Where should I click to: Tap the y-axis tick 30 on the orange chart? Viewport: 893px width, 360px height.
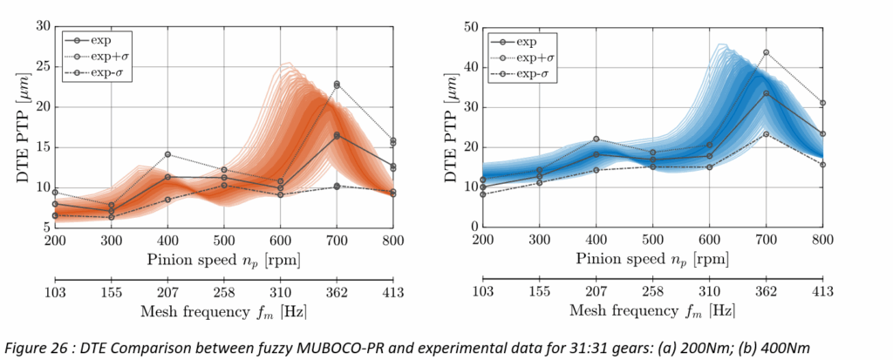[40, 26]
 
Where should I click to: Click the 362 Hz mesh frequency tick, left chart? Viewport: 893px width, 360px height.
[337, 292]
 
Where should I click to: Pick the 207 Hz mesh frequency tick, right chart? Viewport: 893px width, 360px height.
[595, 292]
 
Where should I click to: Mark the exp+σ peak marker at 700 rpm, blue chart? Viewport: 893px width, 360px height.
[766, 52]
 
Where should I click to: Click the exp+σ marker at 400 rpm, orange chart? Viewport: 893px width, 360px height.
[167, 154]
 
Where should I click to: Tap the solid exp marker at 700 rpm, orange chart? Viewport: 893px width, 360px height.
[337, 135]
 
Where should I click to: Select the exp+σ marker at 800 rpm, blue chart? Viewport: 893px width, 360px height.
[822, 103]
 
